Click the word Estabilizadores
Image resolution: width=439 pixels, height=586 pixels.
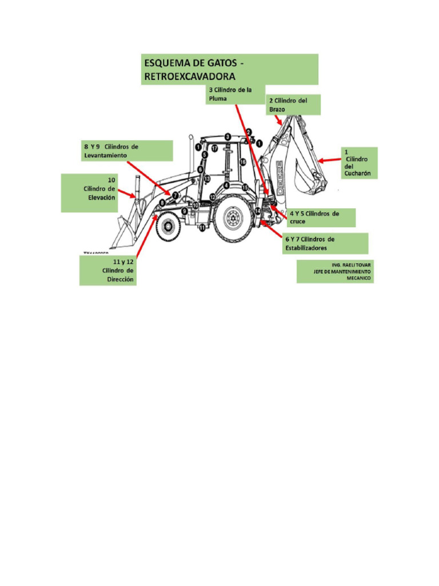pyautogui.click(x=306, y=248)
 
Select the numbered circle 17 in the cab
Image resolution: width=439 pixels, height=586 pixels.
pyautogui.click(x=214, y=149)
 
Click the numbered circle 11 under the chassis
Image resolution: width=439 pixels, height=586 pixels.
pyautogui.click(x=202, y=228)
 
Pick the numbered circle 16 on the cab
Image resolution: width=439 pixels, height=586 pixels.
pyautogui.click(x=243, y=162)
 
